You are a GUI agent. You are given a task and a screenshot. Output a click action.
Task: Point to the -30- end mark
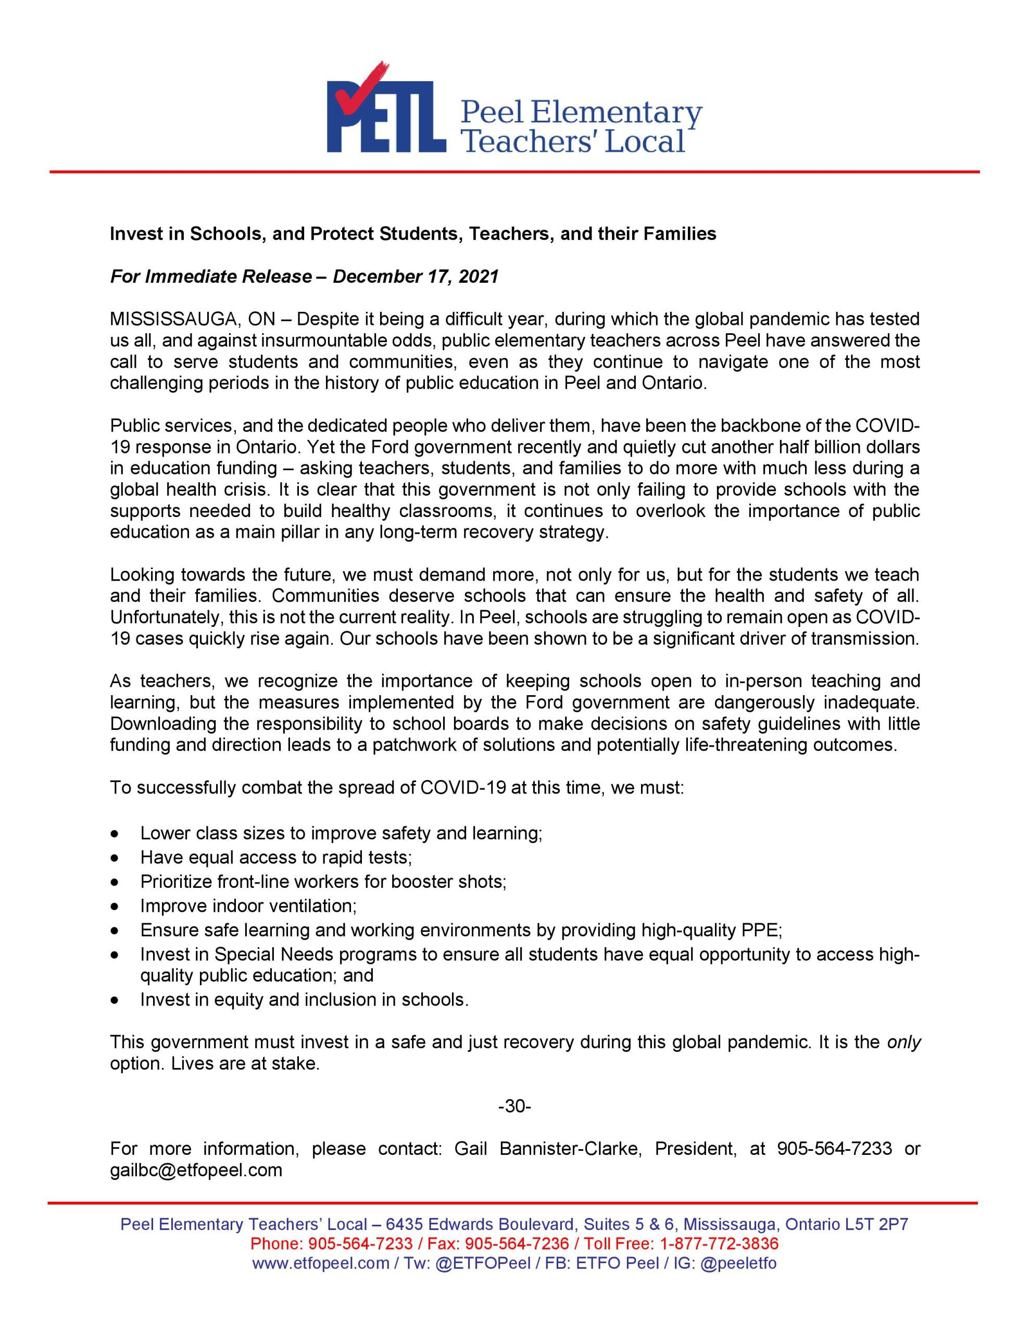(x=514, y=1106)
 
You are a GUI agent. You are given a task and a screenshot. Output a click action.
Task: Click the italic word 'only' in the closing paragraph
(x=903, y=1042)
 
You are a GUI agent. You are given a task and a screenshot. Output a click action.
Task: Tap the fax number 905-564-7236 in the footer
(x=517, y=1243)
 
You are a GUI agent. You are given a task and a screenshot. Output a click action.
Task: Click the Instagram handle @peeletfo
(x=738, y=1263)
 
